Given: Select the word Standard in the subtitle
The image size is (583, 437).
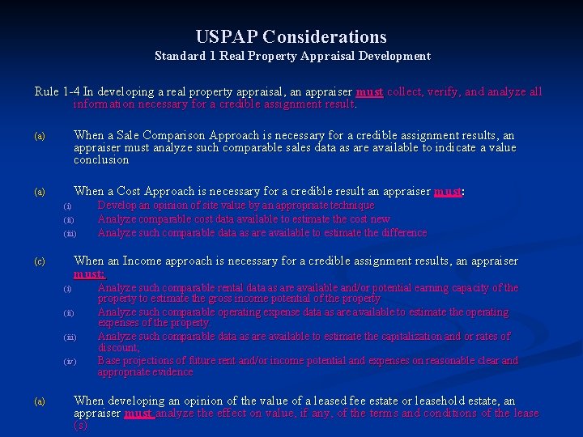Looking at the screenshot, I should point(180,56).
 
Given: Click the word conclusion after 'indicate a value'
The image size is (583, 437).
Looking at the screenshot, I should point(101,159).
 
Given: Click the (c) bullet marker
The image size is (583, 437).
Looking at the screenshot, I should point(39,262).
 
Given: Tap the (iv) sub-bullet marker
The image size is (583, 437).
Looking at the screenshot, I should point(70,362).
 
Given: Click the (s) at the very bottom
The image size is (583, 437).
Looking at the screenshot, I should point(79,425).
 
